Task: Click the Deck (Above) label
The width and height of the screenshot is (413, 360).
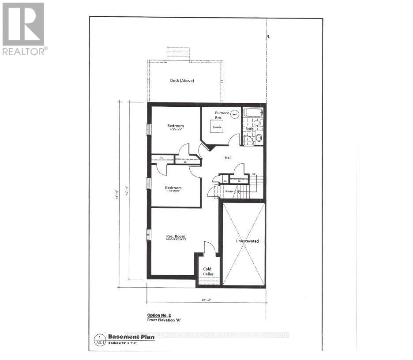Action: click(182, 81)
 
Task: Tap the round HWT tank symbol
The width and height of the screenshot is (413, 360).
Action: click(235, 114)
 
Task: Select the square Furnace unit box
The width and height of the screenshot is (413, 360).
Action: click(216, 127)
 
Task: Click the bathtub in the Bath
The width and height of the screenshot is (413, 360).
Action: click(252, 112)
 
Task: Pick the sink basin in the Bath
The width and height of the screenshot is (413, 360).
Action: click(259, 138)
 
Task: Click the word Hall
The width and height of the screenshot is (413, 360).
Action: click(228, 157)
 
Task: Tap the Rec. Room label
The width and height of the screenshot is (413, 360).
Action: click(175, 237)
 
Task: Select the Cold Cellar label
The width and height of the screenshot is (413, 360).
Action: click(207, 271)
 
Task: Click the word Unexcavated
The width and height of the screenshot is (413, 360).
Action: click(247, 241)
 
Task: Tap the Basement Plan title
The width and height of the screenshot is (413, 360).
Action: click(128, 336)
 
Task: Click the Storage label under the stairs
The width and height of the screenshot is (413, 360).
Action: click(229, 191)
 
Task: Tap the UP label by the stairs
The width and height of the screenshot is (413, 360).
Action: click(254, 175)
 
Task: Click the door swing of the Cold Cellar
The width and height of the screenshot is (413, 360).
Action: click(210, 249)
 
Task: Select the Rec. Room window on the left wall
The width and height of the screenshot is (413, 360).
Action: click(149, 235)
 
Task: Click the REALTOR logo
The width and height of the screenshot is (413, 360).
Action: click(23, 29)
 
